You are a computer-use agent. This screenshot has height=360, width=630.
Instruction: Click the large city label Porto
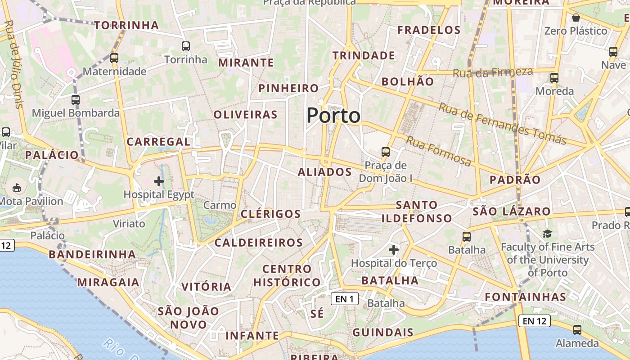(x=333, y=116)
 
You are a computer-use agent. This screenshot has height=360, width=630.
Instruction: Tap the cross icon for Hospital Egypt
(x=159, y=181)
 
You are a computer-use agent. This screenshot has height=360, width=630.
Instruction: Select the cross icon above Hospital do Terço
(x=394, y=249)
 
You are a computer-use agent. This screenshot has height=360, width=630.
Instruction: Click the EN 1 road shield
(x=345, y=298)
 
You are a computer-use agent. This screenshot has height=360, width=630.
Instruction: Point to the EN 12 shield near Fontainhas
(x=535, y=321)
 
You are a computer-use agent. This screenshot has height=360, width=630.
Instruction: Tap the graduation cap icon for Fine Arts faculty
(x=547, y=234)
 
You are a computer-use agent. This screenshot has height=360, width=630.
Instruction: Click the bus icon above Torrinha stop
(x=186, y=46)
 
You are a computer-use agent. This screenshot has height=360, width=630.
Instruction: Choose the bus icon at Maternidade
(x=114, y=58)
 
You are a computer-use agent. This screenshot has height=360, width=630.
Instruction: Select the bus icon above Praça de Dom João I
(x=386, y=152)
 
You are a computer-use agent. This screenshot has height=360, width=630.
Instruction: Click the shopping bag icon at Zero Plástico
(x=576, y=18)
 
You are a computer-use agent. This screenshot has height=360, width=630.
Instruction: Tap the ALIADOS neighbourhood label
(x=324, y=172)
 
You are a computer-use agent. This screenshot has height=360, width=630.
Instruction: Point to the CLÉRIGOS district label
(x=271, y=214)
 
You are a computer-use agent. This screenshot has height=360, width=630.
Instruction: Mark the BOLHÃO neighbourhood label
(x=408, y=82)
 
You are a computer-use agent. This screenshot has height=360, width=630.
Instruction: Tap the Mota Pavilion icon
(x=17, y=187)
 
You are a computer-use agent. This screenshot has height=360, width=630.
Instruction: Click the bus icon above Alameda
(x=577, y=330)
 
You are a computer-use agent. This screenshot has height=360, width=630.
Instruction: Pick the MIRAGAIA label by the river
(x=108, y=283)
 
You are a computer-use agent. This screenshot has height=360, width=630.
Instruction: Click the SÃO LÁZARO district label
(x=512, y=211)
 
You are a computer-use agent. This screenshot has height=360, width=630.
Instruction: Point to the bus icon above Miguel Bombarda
(x=76, y=100)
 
